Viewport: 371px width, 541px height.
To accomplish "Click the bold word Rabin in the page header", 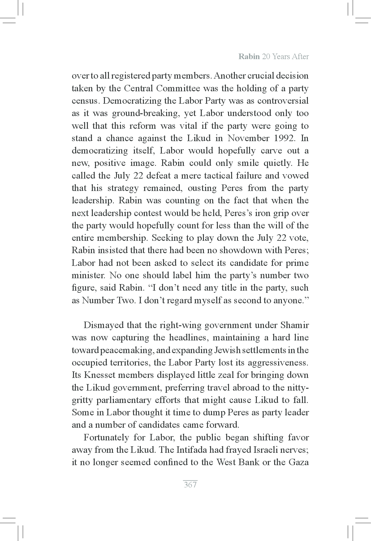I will [x=249, y=57].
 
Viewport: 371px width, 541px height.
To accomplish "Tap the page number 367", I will [x=190, y=485].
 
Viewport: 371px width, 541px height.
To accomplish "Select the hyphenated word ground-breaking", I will [x=146, y=114].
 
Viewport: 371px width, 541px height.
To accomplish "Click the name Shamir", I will [x=294, y=325].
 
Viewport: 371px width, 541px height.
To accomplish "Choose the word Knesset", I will [x=100, y=375].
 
